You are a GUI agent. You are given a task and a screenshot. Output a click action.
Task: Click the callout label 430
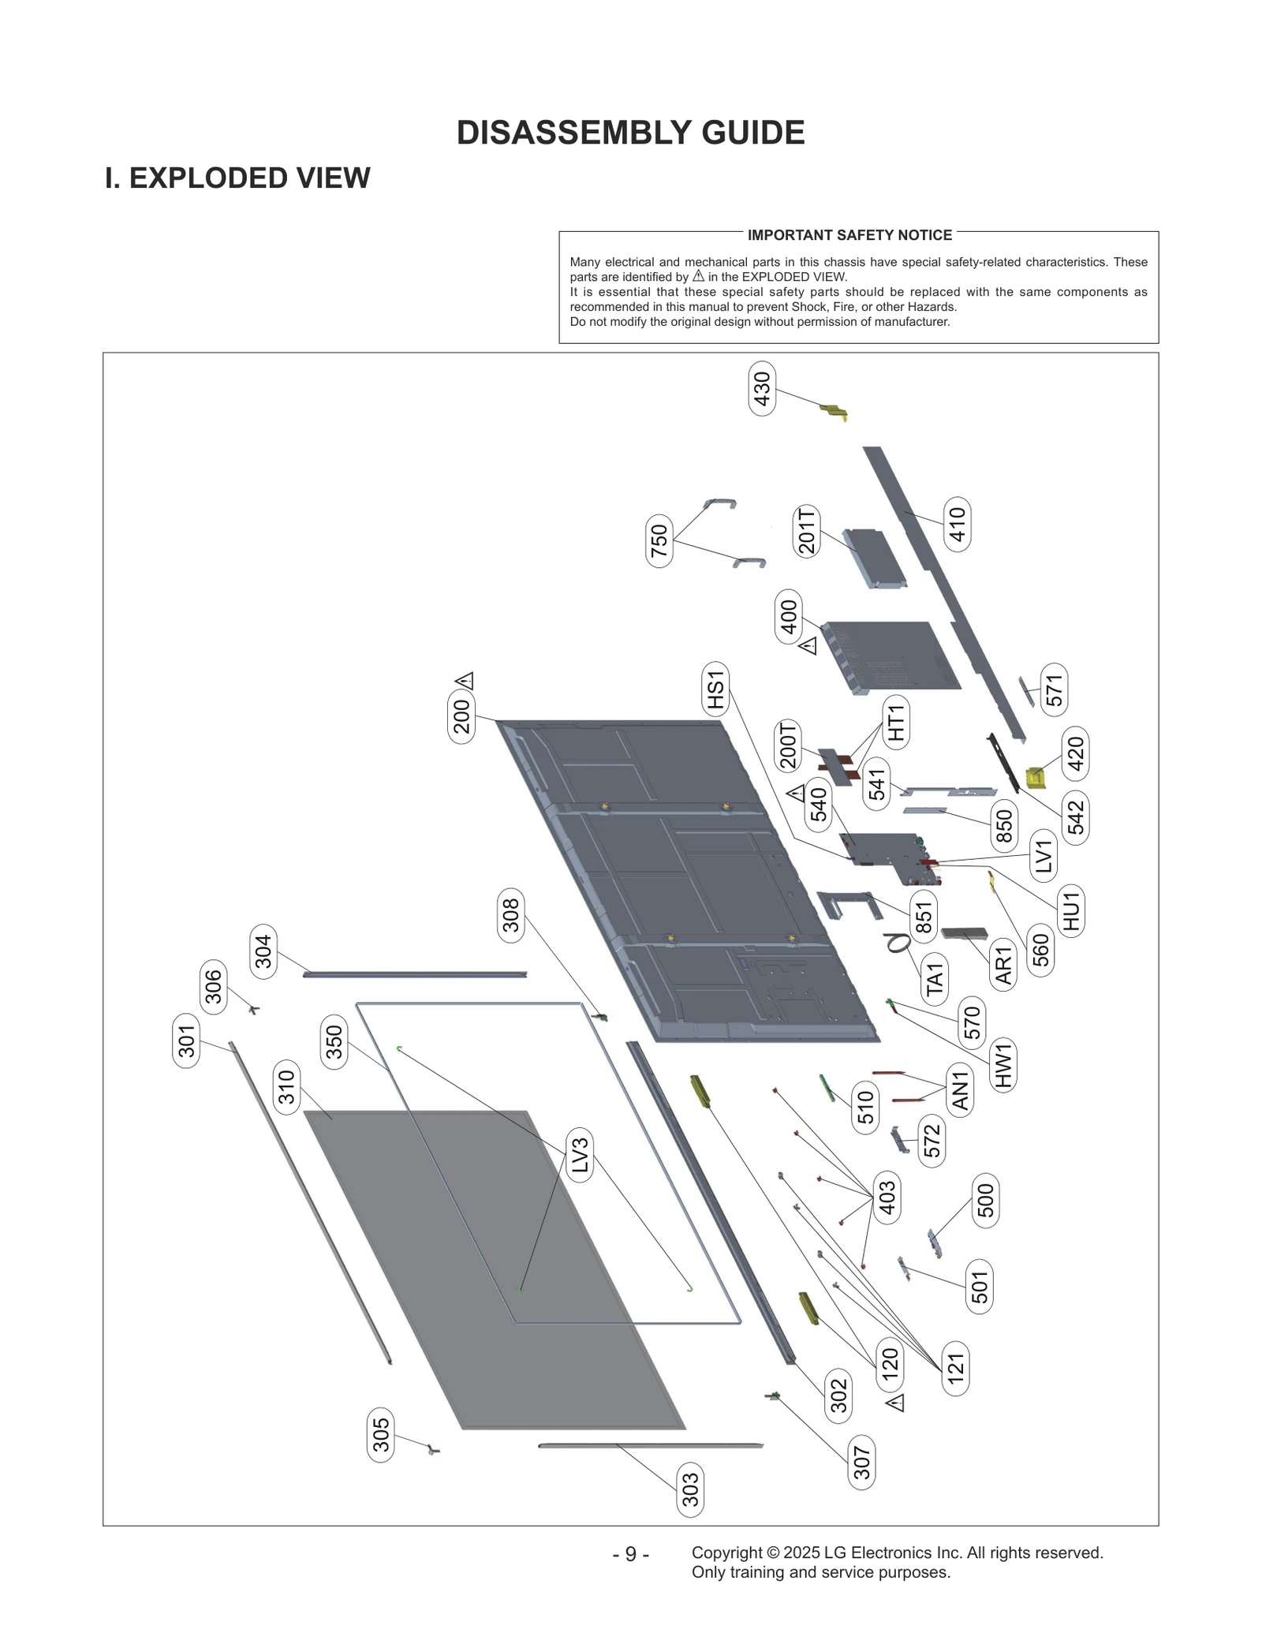click(762, 388)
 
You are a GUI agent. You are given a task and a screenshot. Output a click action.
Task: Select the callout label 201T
click(806, 532)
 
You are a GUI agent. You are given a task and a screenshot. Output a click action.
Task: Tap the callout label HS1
click(715, 689)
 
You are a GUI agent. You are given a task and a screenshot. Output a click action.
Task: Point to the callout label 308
click(511, 915)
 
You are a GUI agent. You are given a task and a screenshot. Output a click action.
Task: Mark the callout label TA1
click(935, 979)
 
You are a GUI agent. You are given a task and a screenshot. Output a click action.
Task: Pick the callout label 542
click(1075, 817)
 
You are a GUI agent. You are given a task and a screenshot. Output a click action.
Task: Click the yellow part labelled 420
click(1036, 779)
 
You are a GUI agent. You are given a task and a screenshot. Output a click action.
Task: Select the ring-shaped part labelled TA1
click(898, 942)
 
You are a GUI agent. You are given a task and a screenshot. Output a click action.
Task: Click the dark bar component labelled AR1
click(964, 933)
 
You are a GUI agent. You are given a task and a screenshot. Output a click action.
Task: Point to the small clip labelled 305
click(432, 1450)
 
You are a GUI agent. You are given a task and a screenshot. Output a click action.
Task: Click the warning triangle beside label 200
click(465, 680)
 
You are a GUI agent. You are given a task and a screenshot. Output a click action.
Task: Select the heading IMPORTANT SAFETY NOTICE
click(849, 235)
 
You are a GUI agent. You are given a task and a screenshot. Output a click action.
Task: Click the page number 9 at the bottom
click(630, 1554)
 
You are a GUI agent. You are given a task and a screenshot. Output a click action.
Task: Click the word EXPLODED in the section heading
click(208, 178)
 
